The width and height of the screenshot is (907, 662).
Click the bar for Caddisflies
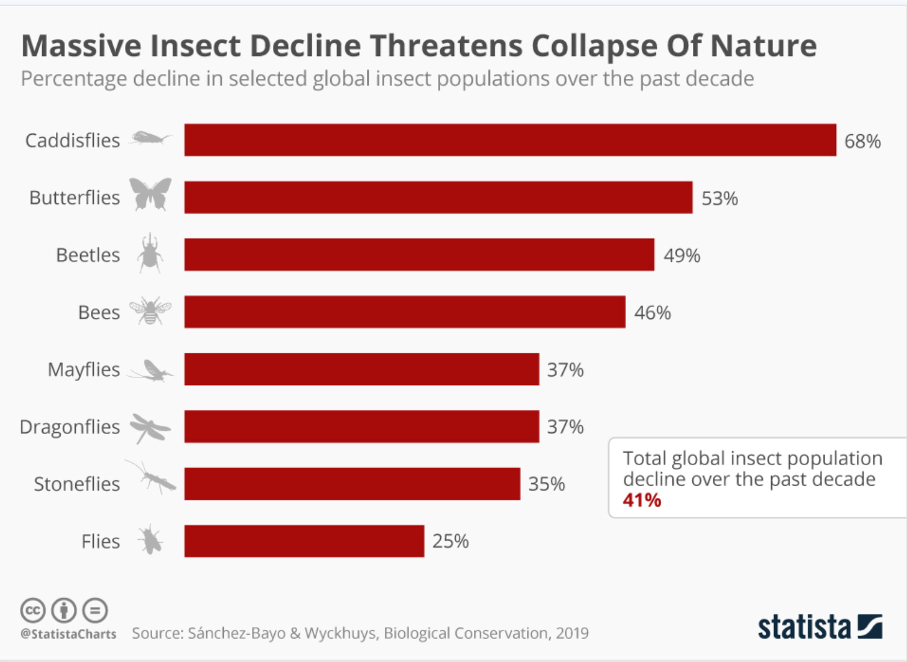tap(510, 140)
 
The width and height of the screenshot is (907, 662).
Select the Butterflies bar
tap(438, 197)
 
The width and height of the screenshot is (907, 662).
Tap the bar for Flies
tap(304, 541)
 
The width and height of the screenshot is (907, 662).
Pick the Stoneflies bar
tap(352, 484)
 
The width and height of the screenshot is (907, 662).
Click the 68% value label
tap(862, 141)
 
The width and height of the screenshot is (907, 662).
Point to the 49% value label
tap(682, 256)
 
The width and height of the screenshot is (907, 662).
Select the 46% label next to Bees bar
tap(653, 313)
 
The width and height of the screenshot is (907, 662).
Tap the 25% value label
tap(450, 541)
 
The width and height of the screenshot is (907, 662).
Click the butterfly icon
tap(150, 194)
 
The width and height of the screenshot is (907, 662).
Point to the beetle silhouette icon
tap(150, 253)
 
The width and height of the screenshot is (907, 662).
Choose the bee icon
tap(150, 311)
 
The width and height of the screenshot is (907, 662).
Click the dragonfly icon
tap(150, 428)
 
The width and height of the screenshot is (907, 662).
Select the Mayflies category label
tap(84, 370)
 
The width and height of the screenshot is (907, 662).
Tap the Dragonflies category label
tap(70, 427)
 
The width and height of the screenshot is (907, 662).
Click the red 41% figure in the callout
tap(642, 500)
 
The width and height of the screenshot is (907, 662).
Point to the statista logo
tap(820, 628)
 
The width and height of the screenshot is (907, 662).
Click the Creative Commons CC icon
tap(33, 610)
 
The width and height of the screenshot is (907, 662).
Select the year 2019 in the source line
tap(572, 633)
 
